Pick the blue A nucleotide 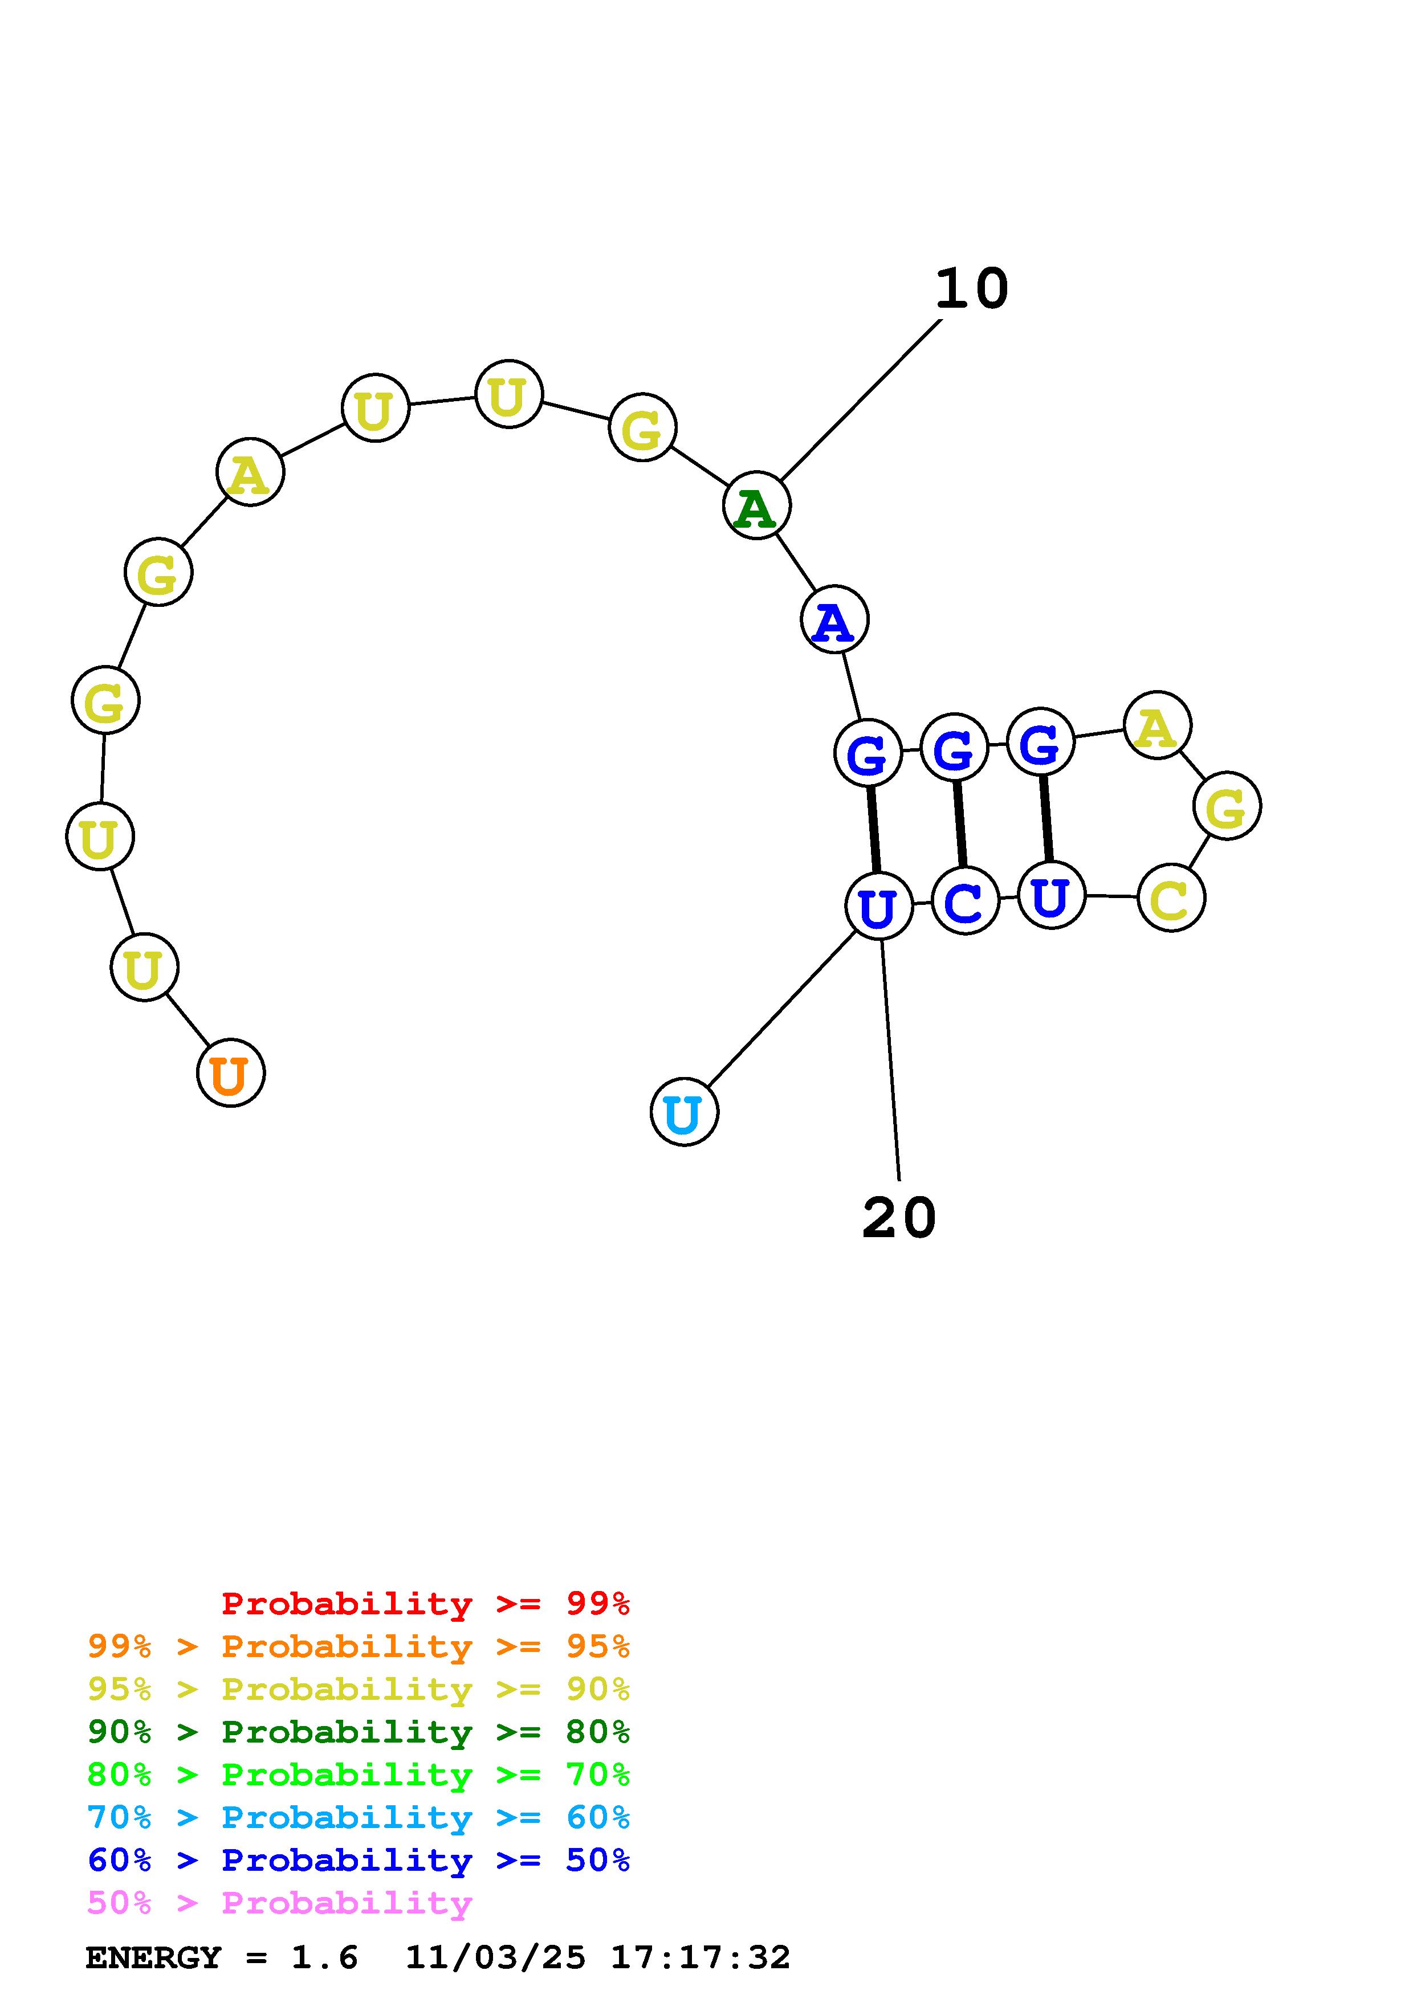tap(834, 620)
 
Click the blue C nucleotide tap(964, 901)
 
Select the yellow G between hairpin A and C tap(1227, 806)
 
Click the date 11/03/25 tap(495, 1958)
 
